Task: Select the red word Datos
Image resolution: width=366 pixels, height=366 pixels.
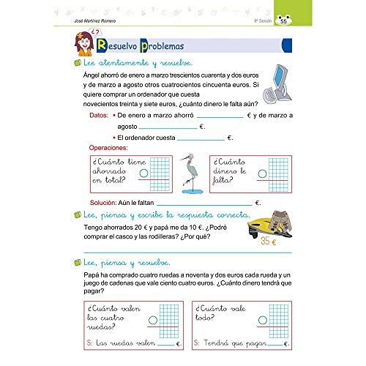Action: pyautogui.click(x=98, y=116)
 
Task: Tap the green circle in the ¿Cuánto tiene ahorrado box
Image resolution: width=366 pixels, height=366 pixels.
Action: pyautogui.click(x=143, y=173)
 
